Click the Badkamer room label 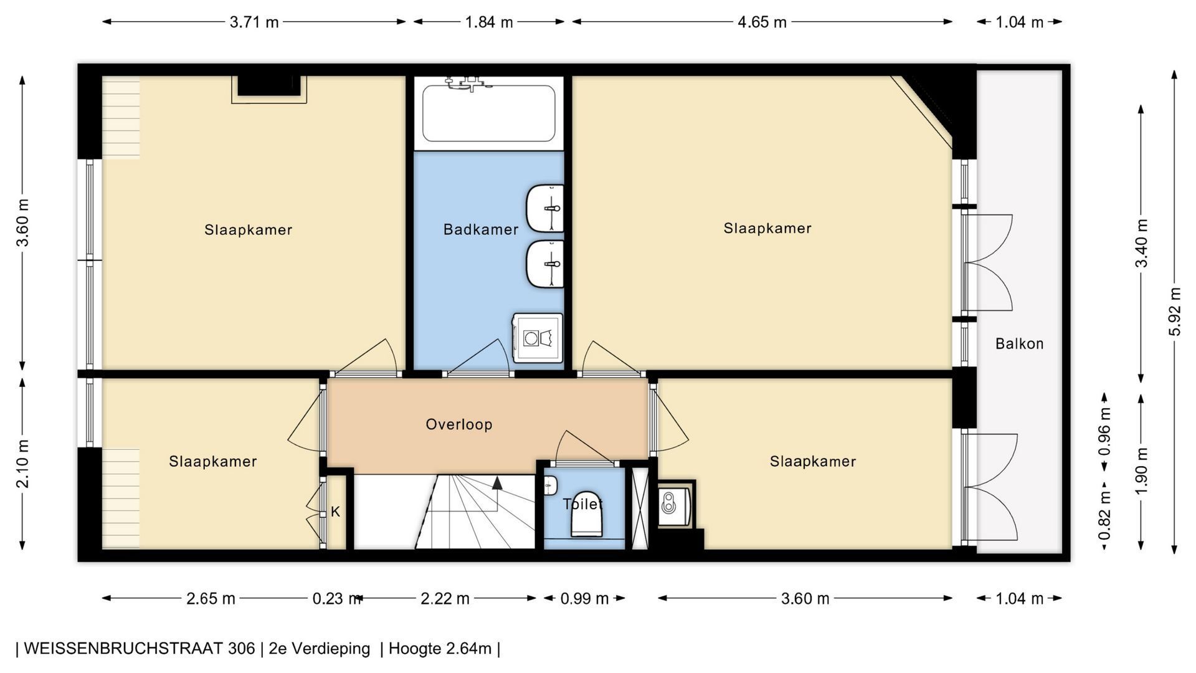point(481,229)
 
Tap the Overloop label point(459,424)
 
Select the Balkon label point(1019,343)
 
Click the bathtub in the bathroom point(489,113)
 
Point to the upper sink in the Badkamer point(545,208)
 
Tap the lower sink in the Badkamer point(545,264)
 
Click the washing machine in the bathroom point(537,338)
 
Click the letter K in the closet point(335,512)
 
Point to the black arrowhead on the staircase point(497,482)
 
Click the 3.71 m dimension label point(254,22)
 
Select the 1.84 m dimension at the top point(489,22)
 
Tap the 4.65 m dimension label point(762,22)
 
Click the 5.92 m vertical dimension point(1175,311)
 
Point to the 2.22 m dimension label point(445,599)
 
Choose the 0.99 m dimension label point(584,599)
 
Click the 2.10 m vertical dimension point(22,464)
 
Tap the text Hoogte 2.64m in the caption point(440,649)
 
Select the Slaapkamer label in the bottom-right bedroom point(813,461)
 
